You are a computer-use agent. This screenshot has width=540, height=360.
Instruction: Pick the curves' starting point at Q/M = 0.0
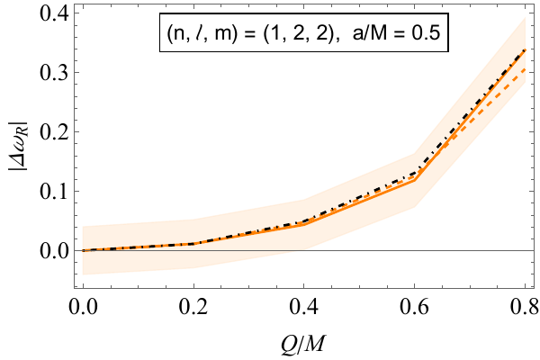[x=84, y=250]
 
